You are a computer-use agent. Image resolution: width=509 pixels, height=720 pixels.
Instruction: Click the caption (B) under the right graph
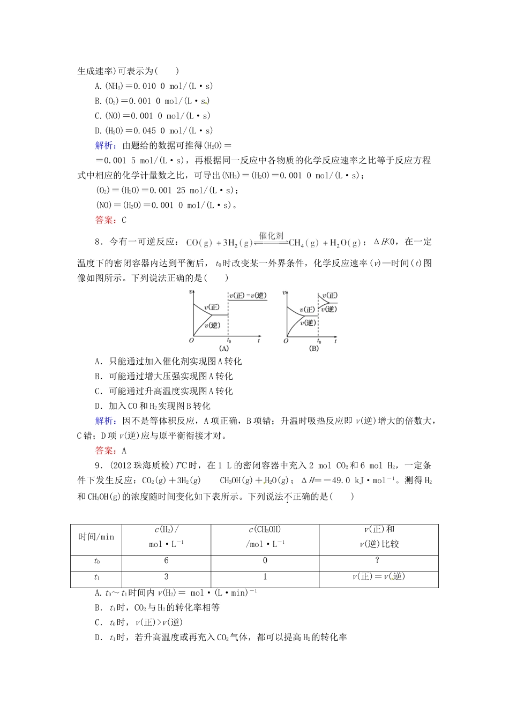click(314, 348)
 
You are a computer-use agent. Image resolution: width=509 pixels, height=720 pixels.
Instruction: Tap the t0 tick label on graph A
click(229, 341)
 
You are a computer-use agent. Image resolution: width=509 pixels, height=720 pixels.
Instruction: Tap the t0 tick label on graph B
click(319, 341)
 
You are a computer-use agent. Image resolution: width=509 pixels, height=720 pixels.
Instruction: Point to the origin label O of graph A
click(191, 340)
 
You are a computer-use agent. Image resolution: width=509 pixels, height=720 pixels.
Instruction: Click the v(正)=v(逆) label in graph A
click(248, 295)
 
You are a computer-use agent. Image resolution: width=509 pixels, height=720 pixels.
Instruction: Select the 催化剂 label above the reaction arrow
click(271, 236)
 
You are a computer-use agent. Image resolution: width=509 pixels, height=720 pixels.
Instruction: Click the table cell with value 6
click(166, 560)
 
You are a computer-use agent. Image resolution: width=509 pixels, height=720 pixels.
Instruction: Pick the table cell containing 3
click(166, 576)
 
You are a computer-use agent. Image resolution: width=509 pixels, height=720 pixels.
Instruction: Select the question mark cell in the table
click(378, 560)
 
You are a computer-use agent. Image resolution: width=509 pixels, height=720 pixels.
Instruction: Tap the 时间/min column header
click(96, 537)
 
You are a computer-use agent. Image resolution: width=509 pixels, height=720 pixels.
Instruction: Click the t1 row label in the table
click(96, 577)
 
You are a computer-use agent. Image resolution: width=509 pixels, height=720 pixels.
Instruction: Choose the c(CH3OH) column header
click(265, 529)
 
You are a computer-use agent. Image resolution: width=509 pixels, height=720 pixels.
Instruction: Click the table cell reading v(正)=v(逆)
click(378, 576)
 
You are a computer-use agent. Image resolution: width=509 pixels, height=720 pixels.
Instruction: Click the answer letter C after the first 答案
click(124, 220)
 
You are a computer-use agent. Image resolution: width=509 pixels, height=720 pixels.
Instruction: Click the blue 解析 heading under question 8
click(104, 421)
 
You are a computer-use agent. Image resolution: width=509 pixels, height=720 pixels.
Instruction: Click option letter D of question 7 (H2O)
click(98, 131)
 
